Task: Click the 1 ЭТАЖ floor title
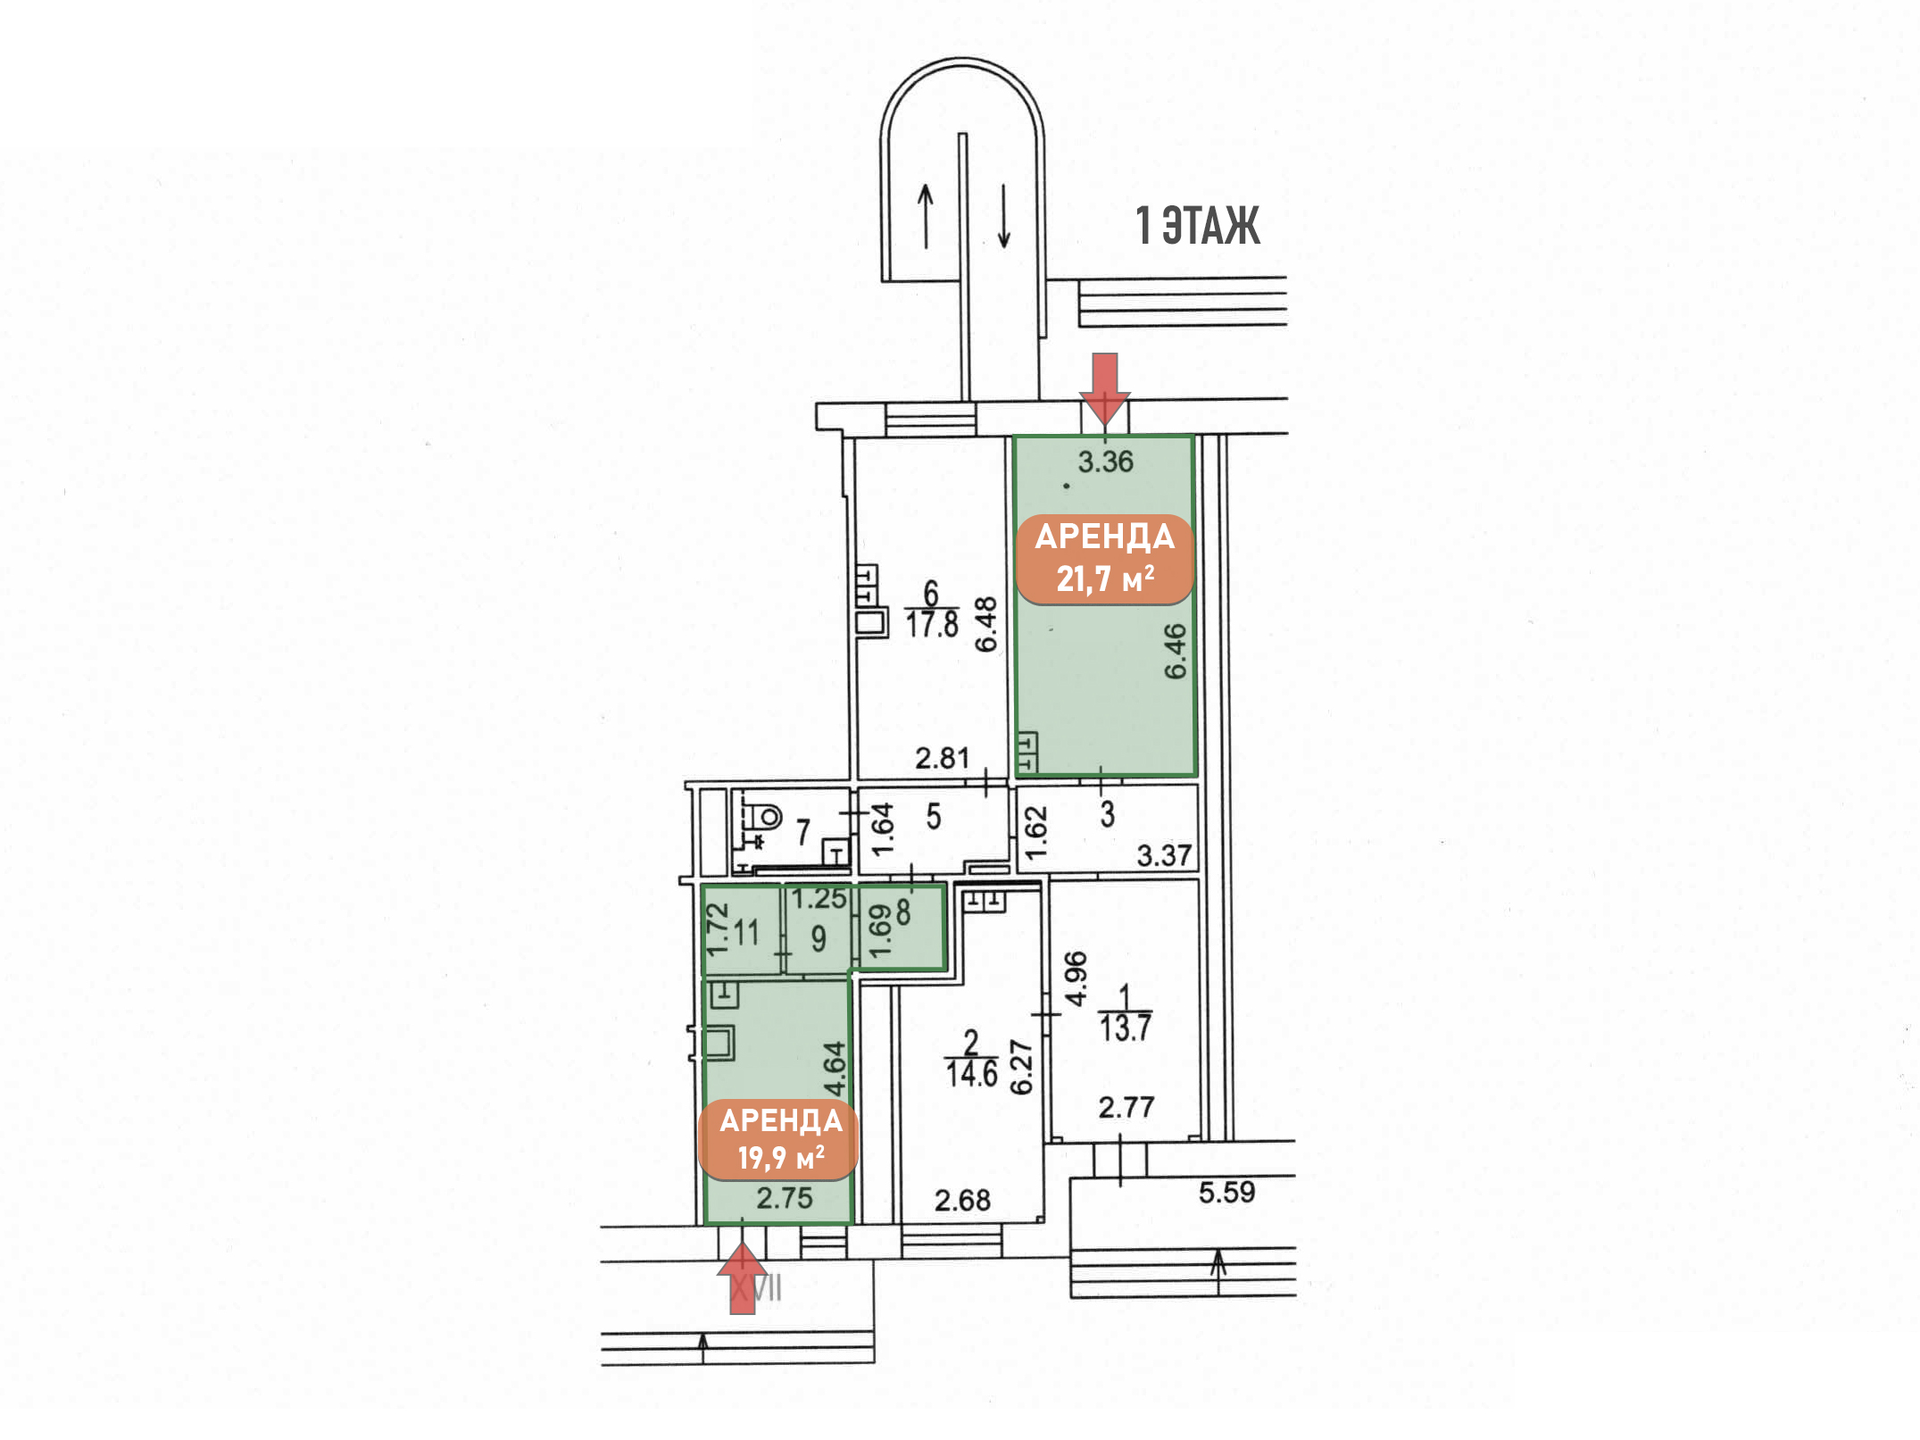tap(1197, 225)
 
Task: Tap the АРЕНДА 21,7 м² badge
tap(1105, 559)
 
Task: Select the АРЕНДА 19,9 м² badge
tap(778, 1139)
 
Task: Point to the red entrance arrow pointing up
tap(743, 1279)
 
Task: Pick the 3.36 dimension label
tap(1105, 462)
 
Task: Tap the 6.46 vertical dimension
tap(1176, 651)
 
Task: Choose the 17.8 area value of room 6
tap(932, 624)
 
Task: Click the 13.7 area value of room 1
tap(1125, 1028)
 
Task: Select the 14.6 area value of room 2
tap(971, 1073)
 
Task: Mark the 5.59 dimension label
tap(1226, 1192)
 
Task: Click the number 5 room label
tap(934, 816)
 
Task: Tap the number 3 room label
tap(1108, 813)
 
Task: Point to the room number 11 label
tap(746, 933)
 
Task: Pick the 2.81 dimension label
tap(942, 758)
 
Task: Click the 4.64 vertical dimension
tap(834, 1069)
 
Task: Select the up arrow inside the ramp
tap(926, 216)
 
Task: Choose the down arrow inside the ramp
tap(1004, 216)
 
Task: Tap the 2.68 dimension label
tap(962, 1200)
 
